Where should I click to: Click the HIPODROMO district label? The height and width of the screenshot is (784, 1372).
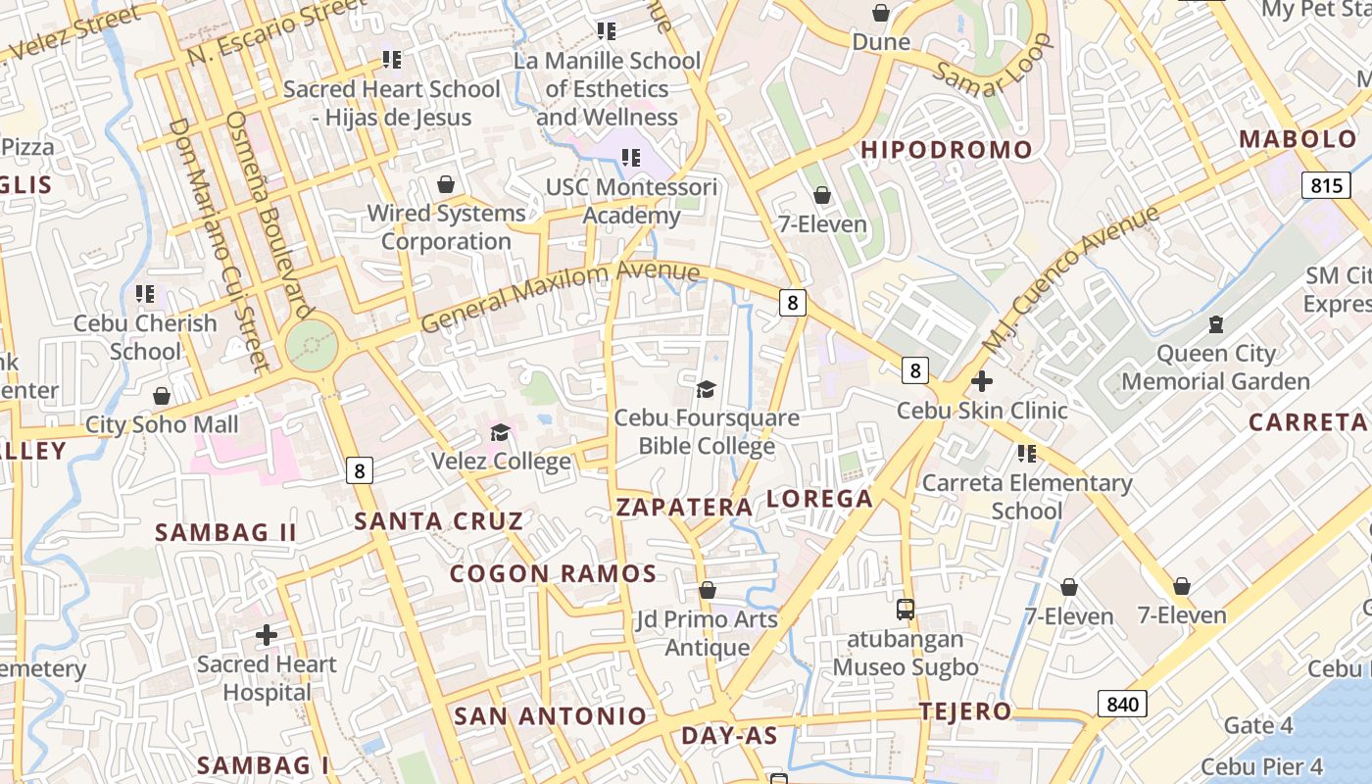(946, 150)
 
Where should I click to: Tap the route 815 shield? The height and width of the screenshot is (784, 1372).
(1326, 184)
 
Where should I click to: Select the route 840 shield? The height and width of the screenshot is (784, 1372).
(1121, 703)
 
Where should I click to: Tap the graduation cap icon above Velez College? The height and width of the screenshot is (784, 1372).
(500, 432)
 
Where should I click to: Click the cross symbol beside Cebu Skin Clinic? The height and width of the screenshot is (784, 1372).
(981, 381)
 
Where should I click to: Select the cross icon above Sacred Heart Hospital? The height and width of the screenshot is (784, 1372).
(266, 635)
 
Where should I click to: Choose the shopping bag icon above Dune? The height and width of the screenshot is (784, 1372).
(881, 13)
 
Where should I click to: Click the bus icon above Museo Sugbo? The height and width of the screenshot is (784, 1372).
(906, 610)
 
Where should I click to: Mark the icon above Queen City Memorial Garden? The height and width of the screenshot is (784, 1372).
(1216, 323)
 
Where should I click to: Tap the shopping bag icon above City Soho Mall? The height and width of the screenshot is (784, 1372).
(162, 396)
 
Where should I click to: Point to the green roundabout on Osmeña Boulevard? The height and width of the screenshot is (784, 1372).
(313, 345)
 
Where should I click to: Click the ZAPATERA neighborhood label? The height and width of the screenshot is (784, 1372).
(684, 507)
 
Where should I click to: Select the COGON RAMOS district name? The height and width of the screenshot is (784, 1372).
(553, 573)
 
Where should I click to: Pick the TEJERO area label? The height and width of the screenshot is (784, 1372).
(965, 711)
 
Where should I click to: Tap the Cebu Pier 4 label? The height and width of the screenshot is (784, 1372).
(1261, 765)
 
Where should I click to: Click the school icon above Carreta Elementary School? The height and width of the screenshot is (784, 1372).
(1026, 453)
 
